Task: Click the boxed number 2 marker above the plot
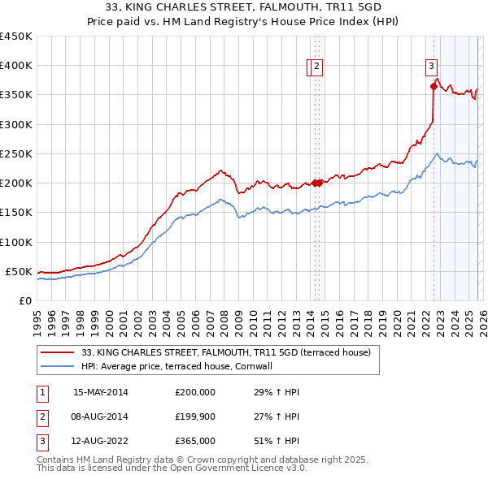pos(316,67)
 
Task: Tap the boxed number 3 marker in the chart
pos(430,67)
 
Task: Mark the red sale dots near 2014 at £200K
pos(317,183)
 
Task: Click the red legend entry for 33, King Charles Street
pos(226,352)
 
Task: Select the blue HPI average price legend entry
pos(181,366)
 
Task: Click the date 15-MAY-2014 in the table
pos(101,392)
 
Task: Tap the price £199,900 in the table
pos(195,416)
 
